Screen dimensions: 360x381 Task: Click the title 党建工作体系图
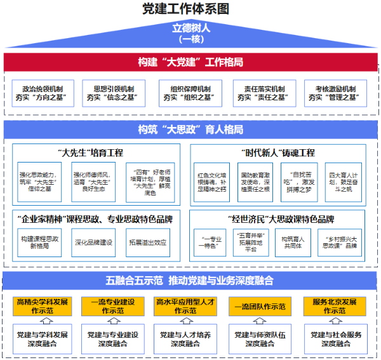tap(190, 8)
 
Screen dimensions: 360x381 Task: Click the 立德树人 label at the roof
tap(190, 29)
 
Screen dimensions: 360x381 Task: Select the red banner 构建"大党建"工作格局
tap(190, 62)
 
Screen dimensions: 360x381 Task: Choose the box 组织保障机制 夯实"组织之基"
tap(190, 93)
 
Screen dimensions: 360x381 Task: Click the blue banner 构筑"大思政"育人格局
tap(190, 130)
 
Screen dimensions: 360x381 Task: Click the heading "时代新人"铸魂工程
tap(279, 153)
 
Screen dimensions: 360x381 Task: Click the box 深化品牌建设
tap(95, 243)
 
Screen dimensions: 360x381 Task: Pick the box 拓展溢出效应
tap(147, 243)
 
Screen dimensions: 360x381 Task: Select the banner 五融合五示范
tap(190, 280)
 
